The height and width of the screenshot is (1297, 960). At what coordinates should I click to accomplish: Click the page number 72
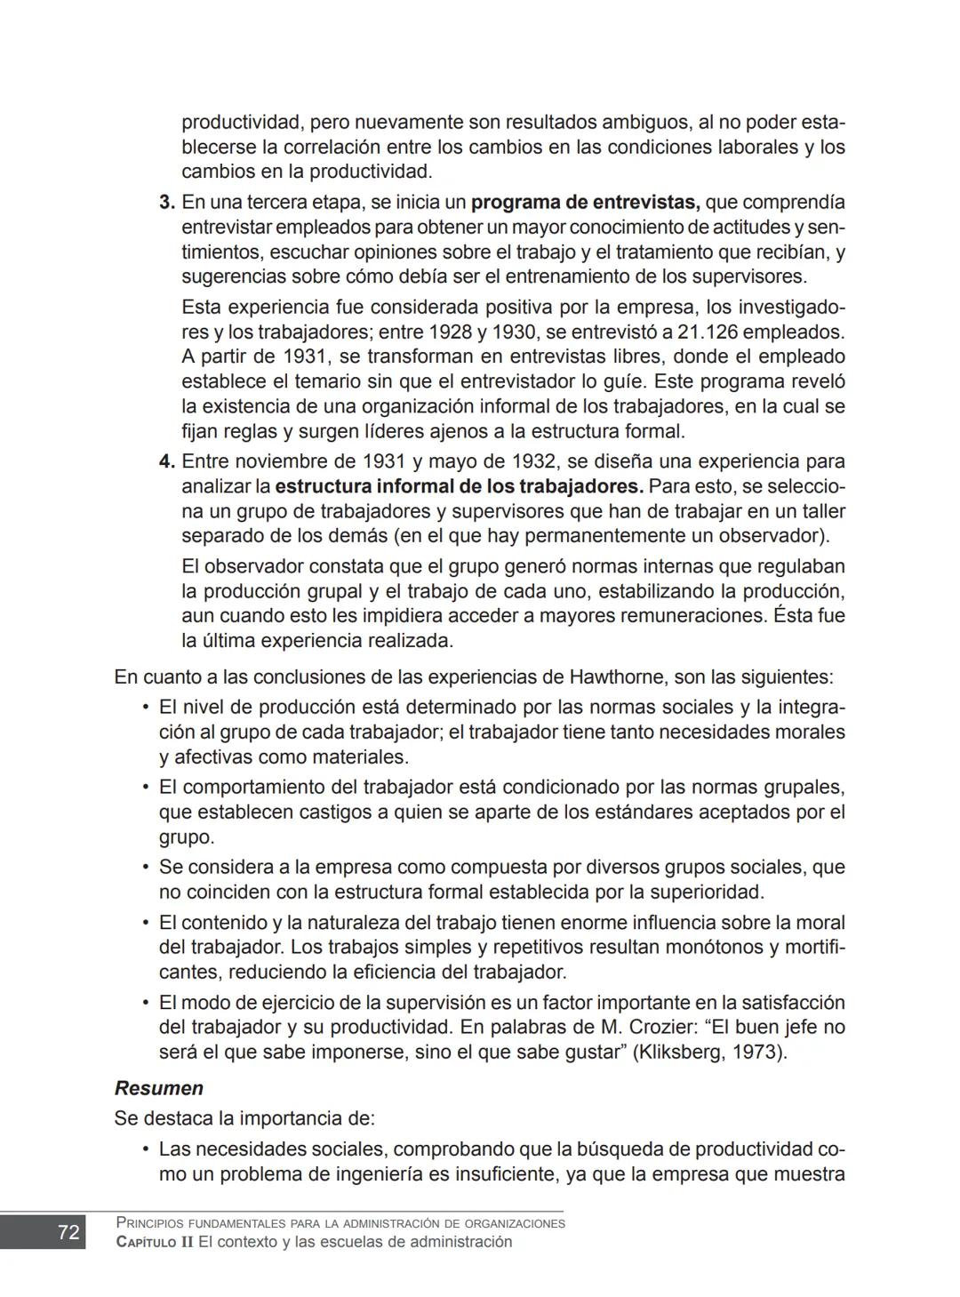68,1232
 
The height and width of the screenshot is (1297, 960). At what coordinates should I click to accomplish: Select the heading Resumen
159,1088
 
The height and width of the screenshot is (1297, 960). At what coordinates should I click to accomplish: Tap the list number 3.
166,203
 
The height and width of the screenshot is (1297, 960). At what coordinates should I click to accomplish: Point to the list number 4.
166,462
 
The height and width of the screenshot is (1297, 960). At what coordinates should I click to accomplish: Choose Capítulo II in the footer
155,1242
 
